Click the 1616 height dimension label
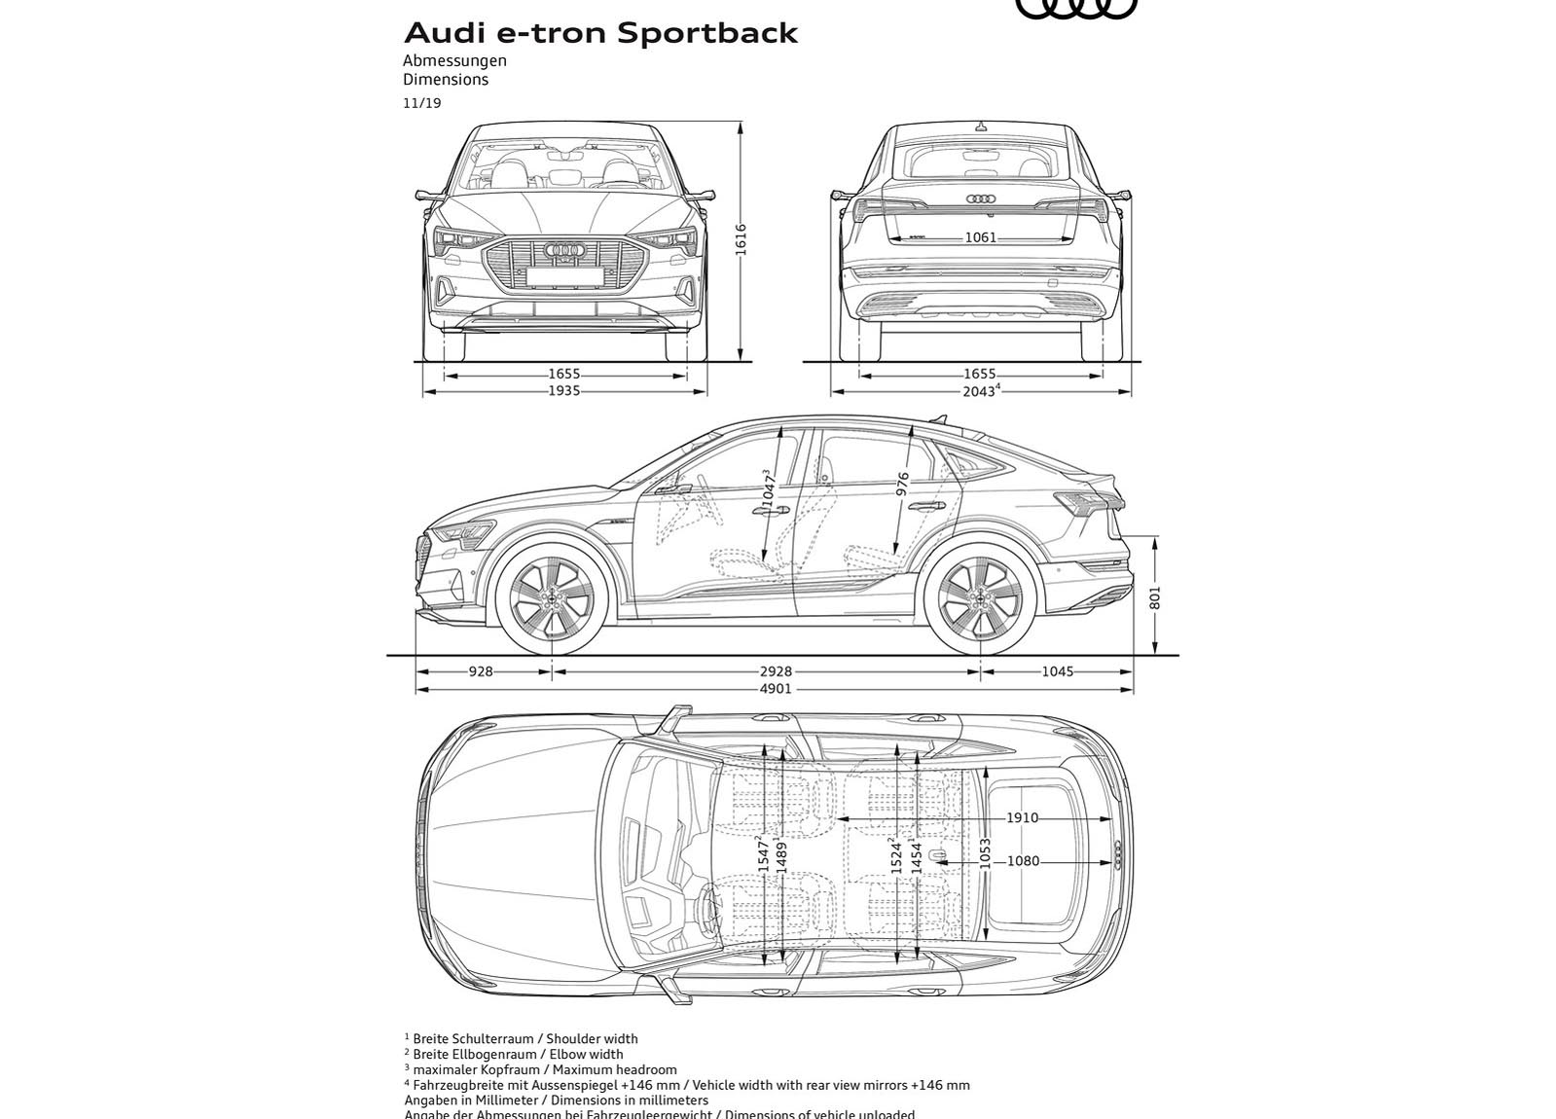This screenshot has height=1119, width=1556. pyautogui.click(x=741, y=239)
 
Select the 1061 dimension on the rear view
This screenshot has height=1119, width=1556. pyautogui.click(x=980, y=237)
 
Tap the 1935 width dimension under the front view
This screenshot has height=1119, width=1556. pyautogui.click(x=563, y=391)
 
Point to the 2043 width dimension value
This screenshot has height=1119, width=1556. pyautogui.click(x=978, y=391)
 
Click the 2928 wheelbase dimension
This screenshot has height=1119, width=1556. pyautogui.click(x=776, y=671)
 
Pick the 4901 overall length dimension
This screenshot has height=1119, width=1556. pyautogui.click(x=776, y=689)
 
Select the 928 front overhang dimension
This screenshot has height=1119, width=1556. pyautogui.click(x=481, y=671)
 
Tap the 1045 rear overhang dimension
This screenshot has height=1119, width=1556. pyautogui.click(x=1057, y=671)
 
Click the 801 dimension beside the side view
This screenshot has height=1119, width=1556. pyautogui.click(x=1155, y=596)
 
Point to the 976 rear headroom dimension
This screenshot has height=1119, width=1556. pyautogui.click(x=903, y=486)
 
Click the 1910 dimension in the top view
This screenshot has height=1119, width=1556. pyautogui.click(x=1022, y=818)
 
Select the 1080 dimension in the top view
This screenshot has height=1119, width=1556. pyautogui.click(x=1023, y=861)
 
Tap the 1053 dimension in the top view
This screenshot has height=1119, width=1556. pyautogui.click(x=985, y=853)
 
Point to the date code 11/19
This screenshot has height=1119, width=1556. pyautogui.click(x=422, y=103)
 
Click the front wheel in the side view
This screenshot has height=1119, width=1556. pyautogui.click(x=552, y=598)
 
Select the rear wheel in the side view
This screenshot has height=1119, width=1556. pyautogui.click(x=980, y=598)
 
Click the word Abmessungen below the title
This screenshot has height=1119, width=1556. pyautogui.click(x=454, y=60)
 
